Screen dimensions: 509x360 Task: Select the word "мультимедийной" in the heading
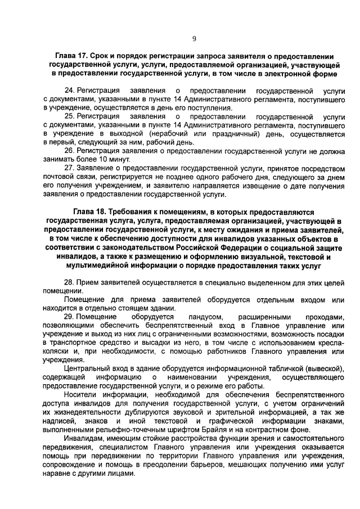98,265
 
